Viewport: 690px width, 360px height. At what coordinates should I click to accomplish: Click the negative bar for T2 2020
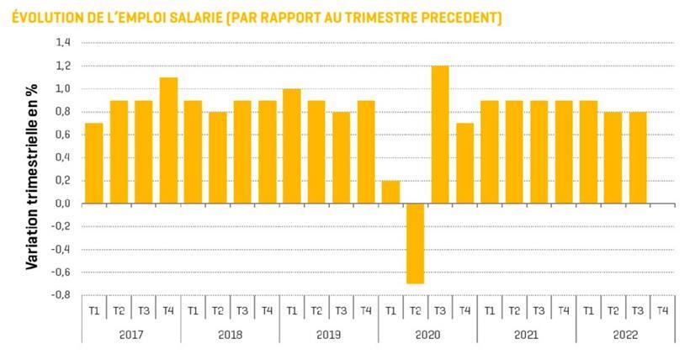(415, 243)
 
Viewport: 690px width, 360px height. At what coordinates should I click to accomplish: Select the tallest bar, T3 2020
(440, 135)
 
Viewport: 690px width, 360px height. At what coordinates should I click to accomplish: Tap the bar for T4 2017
(168, 140)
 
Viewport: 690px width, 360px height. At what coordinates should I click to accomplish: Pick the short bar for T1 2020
(390, 192)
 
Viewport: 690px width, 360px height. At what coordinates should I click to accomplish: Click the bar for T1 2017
(94, 163)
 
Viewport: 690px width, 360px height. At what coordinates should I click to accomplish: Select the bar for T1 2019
(292, 146)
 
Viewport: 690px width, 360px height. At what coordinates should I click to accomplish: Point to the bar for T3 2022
(638, 157)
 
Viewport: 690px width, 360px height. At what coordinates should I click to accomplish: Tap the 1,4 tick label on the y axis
(63, 43)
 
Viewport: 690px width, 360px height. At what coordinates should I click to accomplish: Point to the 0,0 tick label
(63, 204)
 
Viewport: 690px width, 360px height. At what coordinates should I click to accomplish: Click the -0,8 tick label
(61, 295)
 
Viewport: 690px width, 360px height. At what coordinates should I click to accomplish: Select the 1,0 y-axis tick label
(63, 88)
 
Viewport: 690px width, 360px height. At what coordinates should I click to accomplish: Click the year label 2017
(130, 334)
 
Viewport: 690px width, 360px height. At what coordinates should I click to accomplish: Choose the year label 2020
(427, 334)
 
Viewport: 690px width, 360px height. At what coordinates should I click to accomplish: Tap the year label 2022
(625, 334)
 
